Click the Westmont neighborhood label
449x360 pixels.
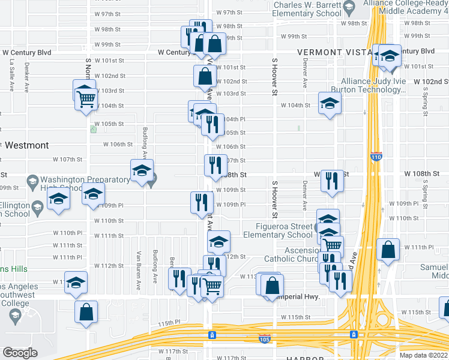click(x=27, y=145)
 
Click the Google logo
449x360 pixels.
click(x=20, y=352)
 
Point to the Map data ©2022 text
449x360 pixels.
click(x=423, y=355)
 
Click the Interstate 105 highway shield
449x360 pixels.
click(x=264, y=339)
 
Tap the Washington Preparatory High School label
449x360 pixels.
click(x=78, y=184)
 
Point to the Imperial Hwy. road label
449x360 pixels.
click(x=298, y=297)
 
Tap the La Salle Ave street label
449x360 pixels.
click(x=11, y=74)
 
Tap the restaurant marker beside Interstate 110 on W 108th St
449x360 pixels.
click(x=331, y=181)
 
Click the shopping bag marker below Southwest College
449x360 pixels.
click(x=86, y=311)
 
